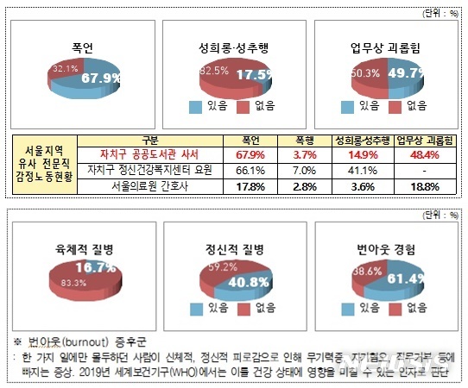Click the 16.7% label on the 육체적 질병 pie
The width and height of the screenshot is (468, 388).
(96, 269)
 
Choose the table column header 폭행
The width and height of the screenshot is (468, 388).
(307, 140)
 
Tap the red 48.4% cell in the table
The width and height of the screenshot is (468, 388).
(420, 154)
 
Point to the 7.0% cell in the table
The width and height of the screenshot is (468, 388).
(307, 170)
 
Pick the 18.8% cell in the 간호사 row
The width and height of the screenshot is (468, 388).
(420, 185)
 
